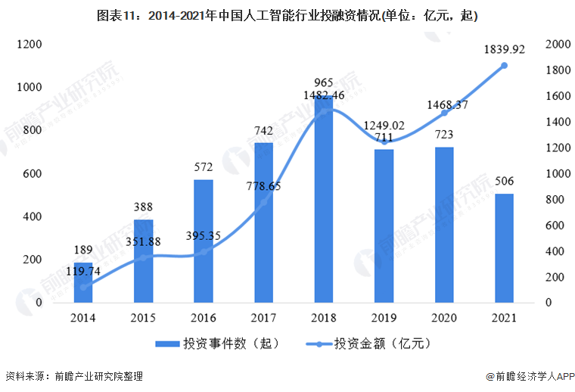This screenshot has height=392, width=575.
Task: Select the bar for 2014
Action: [83, 282]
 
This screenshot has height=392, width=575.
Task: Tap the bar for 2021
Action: [504, 248]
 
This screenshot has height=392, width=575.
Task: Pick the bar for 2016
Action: [204, 241]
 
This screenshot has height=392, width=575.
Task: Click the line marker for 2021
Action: [504, 66]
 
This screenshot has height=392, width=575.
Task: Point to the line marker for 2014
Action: [83, 287]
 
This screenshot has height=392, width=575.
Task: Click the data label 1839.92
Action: [504, 50]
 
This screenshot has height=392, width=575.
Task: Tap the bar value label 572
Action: [204, 167]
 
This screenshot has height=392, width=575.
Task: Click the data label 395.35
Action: [204, 235]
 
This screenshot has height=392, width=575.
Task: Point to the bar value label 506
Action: [504, 182]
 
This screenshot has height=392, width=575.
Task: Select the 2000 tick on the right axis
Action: [557, 45]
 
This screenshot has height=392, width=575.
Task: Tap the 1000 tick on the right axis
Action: [557, 174]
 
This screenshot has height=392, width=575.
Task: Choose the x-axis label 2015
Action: [144, 319]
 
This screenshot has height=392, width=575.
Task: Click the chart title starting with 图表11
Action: [287, 14]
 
